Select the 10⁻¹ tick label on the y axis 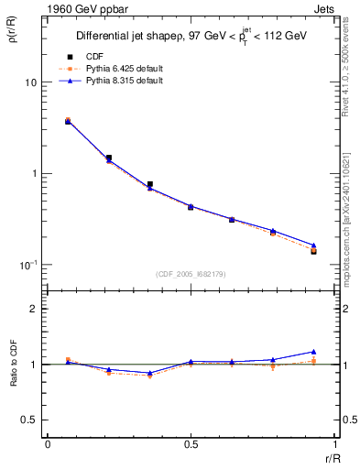[x=27, y=264]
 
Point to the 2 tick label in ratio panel [x=32, y=310]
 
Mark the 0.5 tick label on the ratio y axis [x=28, y=420]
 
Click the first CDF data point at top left [x=68, y=121]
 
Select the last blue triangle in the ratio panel [x=313, y=352]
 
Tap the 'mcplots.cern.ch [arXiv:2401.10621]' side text [x=351, y=211]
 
